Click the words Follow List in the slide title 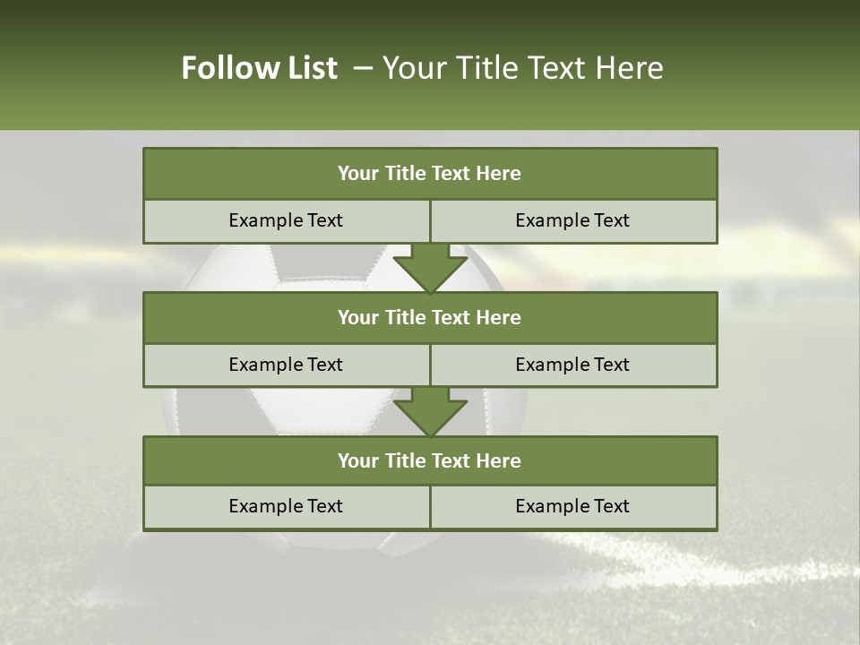tap(260, 68)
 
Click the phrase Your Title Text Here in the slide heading tap(522, 68)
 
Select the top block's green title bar tap(430, 174)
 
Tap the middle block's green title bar tap(430, 317)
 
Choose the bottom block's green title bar tap(430, 460)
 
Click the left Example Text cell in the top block tap(286, 220)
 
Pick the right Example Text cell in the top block tap(572, 220)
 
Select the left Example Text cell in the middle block tap(286, 365)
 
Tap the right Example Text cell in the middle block tap(572, 365)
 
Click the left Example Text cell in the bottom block tap(286, 506)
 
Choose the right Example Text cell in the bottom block tap(572, 506)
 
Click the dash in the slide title tap(363, 68)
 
